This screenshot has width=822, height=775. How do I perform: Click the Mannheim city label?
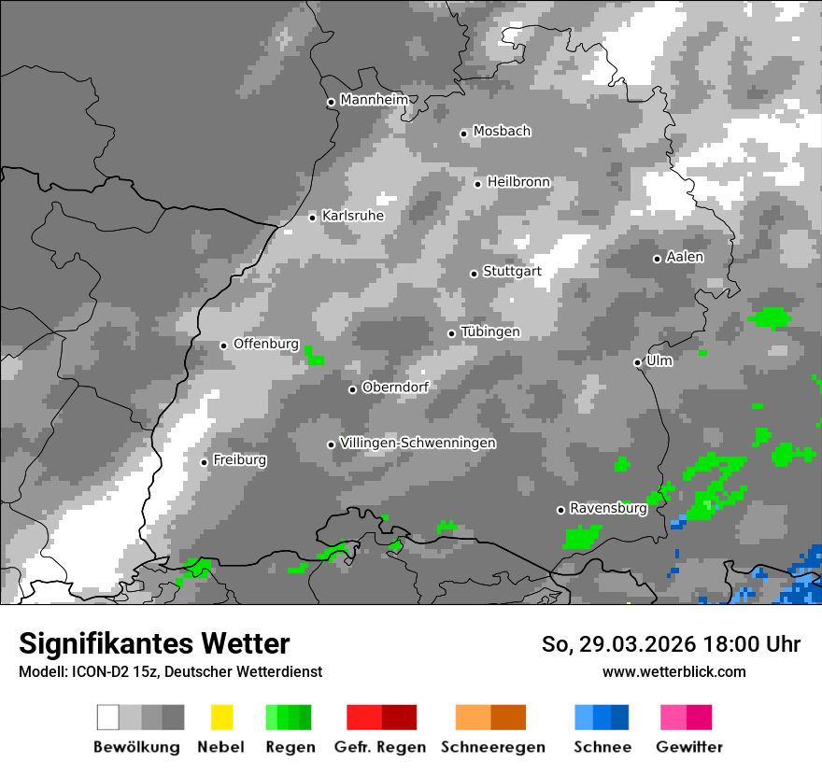(375, 100)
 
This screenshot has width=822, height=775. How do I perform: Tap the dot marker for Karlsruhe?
(313, 218)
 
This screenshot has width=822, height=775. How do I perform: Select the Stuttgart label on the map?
(512, 272)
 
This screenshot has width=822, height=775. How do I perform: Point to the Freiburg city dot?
(205, 462)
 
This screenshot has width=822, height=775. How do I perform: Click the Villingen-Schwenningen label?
(418, 443)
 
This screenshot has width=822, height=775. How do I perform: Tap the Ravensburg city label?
(608, 509)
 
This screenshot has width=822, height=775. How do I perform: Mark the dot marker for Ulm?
(637, 362)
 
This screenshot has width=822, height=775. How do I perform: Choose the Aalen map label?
(685, 257)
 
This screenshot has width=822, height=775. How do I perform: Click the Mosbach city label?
(502, 132)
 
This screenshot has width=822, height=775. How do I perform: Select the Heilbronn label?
(518, 182)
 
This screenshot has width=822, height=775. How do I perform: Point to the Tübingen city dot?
(452, 333)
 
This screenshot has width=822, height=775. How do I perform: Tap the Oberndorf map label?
(395, 387)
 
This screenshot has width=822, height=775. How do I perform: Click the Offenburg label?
(266, 344)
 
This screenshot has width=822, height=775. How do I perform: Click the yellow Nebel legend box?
(221, 717)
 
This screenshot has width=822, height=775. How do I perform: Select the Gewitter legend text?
(689, 747)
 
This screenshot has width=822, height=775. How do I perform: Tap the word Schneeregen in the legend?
(493, 747)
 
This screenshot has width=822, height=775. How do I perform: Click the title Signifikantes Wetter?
(154, 643)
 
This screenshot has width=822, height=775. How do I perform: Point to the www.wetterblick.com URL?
(673, 671)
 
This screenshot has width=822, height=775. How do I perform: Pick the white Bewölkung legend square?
(108, 717)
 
